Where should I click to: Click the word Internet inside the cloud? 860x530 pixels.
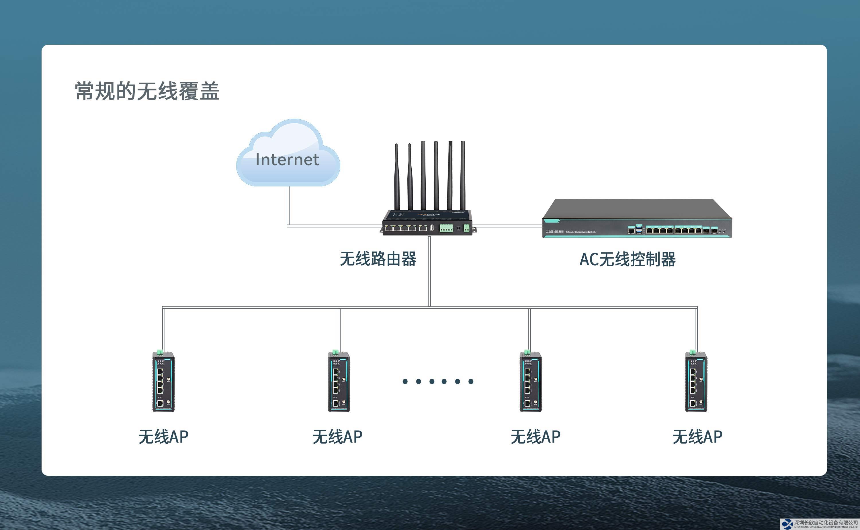tap(287, 159)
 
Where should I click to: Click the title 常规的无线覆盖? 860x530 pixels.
tap(147, 91)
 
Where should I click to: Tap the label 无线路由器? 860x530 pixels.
tap(378, 259)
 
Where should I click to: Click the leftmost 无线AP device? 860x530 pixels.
tap(163, 382)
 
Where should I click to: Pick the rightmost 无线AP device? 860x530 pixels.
tap(696, 382)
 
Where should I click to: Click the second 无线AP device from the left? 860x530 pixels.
tap(339, 382)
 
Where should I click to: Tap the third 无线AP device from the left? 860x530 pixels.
tap(530, 382)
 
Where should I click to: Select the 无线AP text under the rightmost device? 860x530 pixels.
tap(697, 437)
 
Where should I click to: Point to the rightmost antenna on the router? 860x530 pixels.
tap(463, 175)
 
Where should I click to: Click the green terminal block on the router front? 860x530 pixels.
tap(446, 229)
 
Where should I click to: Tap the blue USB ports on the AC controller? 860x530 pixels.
tap(639, 230)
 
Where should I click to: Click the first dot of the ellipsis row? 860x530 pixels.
tap(405, 381)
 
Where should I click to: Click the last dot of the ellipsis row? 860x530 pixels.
tap(471, 381)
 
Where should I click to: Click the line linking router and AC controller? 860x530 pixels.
tap(508, 226)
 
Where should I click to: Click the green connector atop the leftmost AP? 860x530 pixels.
tap(160, 352)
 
